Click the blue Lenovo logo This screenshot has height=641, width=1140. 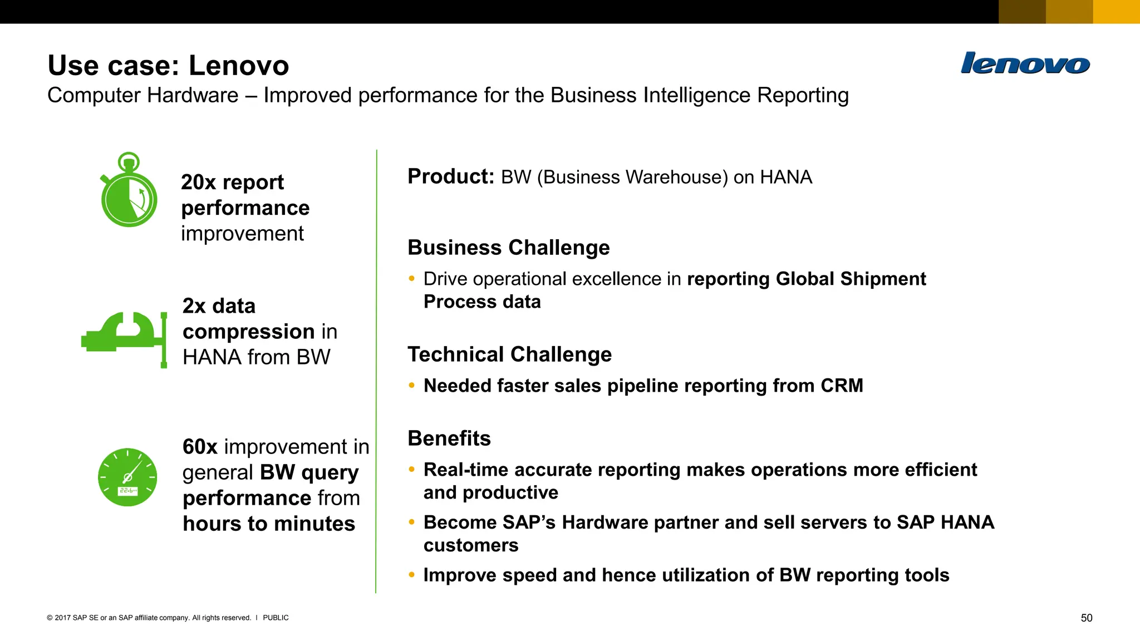coord(1025,63)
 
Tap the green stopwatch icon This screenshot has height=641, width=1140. coord(129,192)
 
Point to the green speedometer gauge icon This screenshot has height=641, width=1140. coord(127,477)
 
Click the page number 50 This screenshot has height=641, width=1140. coord(1086,618)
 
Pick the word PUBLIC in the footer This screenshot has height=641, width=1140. coord(276,618)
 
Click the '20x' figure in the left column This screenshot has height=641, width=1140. coord(198,182)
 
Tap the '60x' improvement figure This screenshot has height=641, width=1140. coord(200,447)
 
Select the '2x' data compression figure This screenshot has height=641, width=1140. coord(194,306)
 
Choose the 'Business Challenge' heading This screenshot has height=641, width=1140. coord(508,248)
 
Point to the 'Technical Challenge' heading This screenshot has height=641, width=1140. coord(509,354)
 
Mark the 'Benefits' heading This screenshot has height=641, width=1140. coord(449,438)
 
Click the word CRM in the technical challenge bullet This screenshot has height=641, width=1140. coord(842,386)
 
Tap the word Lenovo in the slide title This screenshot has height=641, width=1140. coord(239,66)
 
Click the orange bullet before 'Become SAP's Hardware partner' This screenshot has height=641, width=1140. coord(411,522)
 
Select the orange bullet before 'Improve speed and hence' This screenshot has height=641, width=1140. coord(411,575)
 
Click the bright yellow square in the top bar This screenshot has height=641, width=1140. coord(1116,12)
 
